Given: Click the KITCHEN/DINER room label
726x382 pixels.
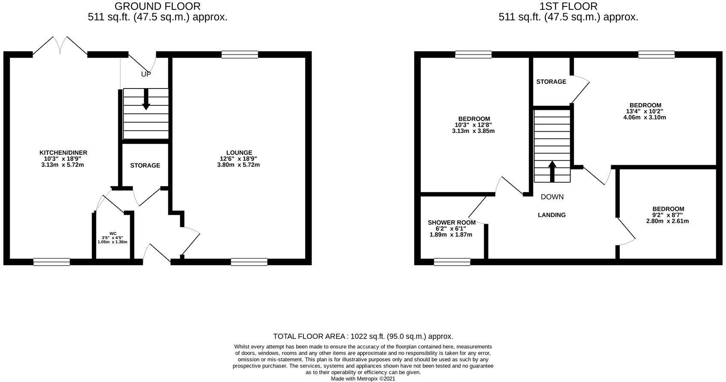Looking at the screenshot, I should [x=63, y=153].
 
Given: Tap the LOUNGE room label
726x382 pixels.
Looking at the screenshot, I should [x=239, y=153].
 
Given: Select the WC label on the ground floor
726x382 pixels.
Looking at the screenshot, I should [x=113, y=234].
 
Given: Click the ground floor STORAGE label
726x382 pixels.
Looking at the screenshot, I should [x=145, y=166].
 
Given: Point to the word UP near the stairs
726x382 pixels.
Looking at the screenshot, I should [x=146, y=74].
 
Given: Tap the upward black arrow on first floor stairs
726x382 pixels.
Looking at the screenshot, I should [x=552, y=171].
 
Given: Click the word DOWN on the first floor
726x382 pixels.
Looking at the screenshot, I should [x=552, y=197].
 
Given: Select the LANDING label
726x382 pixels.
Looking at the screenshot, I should [x=552, y=215].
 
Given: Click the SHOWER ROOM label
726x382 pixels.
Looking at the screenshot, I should [x=452, y=223].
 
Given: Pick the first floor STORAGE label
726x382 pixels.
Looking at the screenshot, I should [x=551, y=82].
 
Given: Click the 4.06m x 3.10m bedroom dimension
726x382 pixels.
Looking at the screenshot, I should [x=645, y=117].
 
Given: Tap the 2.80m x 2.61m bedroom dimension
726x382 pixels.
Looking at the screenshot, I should [x=667, y=221].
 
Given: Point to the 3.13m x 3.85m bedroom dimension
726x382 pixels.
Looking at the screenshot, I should [x=473, y=131].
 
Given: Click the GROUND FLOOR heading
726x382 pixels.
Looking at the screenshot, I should [x=158, y=6].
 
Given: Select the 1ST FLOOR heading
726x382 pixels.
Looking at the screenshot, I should [x=568, y=6].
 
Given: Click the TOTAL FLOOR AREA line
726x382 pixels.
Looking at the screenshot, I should [x=363, y=337].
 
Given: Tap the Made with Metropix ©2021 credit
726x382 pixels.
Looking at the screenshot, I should [x=363, y=379].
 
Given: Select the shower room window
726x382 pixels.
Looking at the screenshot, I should [x=452, y=262].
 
